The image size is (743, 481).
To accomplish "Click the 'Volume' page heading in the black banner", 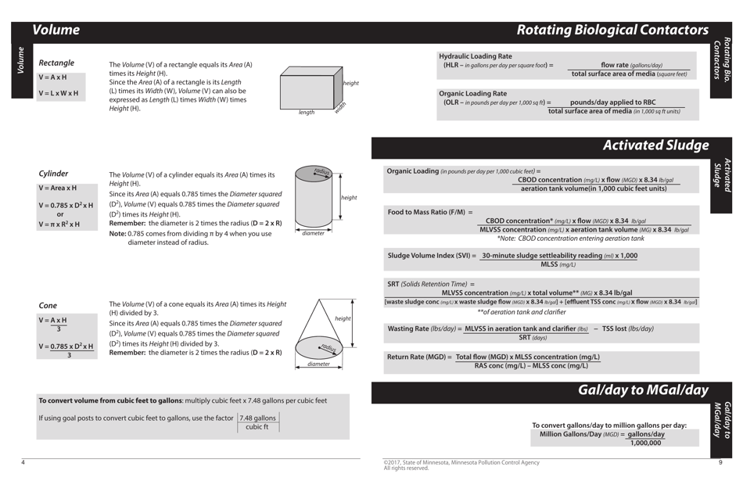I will coord(56,31).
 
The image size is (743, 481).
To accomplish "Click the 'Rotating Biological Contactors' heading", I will coord(612,31).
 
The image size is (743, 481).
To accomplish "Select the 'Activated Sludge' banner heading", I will coord(655,145).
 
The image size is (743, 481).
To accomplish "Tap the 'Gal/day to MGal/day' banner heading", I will coord(643,390).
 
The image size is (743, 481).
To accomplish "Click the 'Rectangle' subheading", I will coord(56,63).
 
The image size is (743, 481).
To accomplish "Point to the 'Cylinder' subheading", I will coord(53,174).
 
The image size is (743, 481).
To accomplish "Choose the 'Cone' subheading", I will coord(48,305).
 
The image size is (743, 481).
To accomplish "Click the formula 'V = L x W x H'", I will coord(59,93).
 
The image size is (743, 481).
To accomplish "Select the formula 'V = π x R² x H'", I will coord(59,224).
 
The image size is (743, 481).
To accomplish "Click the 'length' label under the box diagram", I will coord(306,113).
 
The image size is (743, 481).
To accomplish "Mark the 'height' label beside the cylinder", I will coord(349,198).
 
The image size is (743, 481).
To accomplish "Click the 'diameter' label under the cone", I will coord(318,364).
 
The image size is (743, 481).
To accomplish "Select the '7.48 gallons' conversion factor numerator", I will coord(257,418).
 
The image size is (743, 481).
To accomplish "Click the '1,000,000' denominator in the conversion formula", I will coord(645,443).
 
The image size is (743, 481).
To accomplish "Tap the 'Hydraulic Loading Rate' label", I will coord(475,56).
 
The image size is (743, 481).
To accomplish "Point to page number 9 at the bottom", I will coord(720,462).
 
